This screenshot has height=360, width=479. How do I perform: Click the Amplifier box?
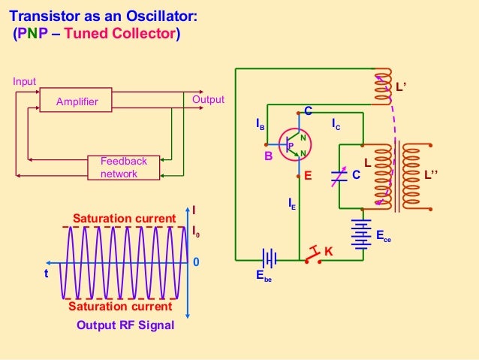coord(76,101)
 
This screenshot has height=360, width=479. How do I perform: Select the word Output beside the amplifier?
coord(208,100)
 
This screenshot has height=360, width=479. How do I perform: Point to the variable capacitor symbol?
coord(339,175)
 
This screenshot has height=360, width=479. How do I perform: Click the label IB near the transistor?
coord(260,125)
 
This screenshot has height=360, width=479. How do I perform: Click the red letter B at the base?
coord(268,158)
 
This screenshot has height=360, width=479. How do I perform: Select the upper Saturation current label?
coord(123,218)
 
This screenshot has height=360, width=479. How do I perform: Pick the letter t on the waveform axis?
coord(45,274)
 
